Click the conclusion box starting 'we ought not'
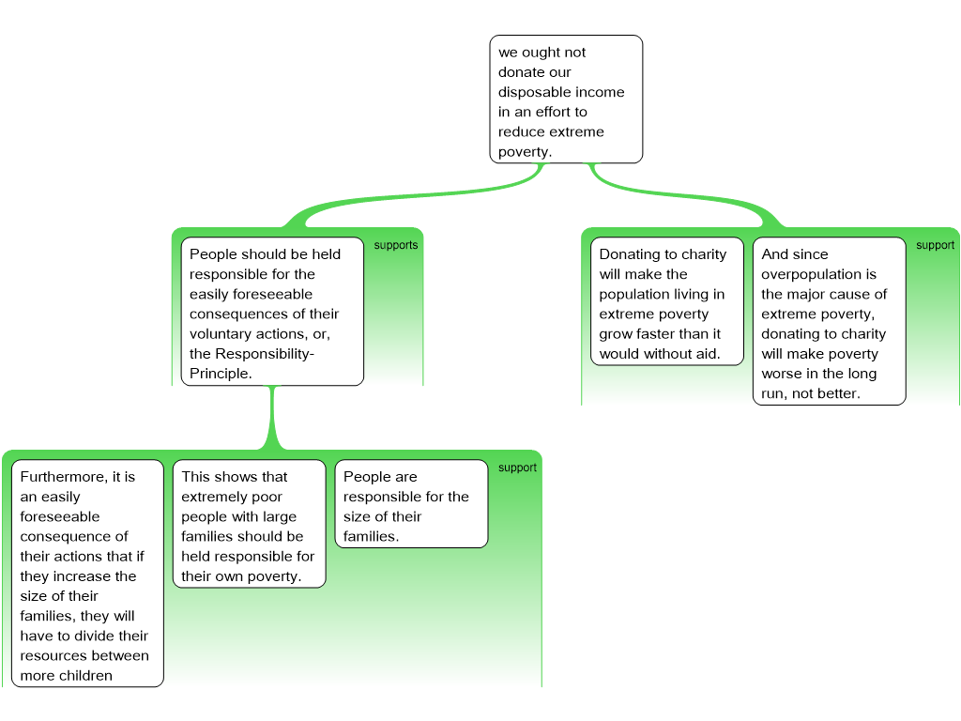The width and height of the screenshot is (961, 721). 566,100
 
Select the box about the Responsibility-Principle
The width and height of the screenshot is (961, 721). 272,312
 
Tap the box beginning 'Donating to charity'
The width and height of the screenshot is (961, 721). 667,301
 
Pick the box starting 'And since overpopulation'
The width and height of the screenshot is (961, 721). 830,321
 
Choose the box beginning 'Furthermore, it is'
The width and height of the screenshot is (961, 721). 87,574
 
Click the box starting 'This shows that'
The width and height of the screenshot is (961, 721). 249,524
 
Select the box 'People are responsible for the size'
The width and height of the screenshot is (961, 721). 411,503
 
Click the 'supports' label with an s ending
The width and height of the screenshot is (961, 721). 396,245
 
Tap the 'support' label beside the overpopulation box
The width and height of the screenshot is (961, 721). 936,245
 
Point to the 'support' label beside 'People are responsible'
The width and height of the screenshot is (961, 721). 517,468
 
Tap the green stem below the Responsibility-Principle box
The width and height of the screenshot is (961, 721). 273,418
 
